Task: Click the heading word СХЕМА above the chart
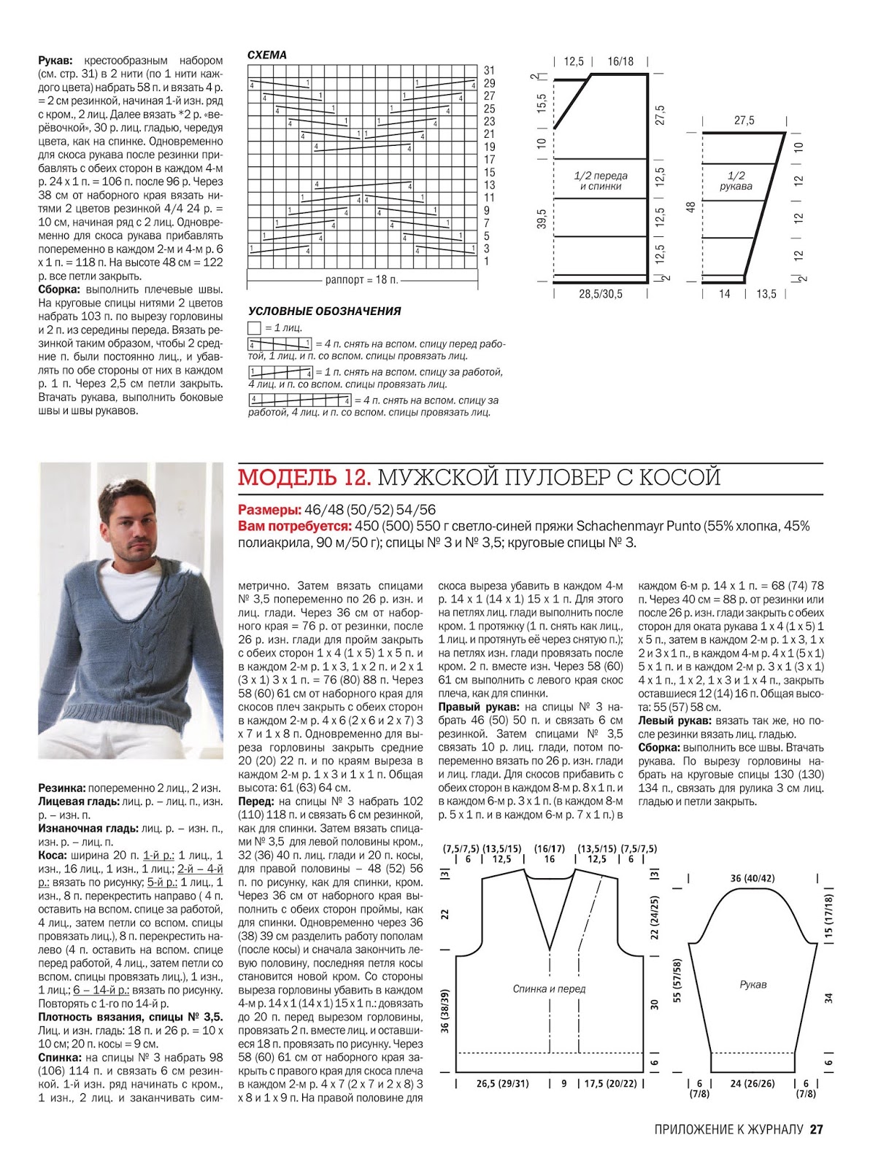click(x=267, y=55)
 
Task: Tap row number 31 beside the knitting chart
click(x=489, y=70)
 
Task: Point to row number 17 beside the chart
click(x=489, y=160)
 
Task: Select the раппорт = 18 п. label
click(x=361, y=280)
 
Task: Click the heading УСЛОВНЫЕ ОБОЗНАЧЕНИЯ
click(x=324, y=311)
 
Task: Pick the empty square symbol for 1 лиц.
click(x=254, y=328)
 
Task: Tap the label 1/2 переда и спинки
click(x=600, y=181)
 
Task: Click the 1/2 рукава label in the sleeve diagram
click(x=736, y=181)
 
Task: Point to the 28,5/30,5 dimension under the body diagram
click(x=601, y=294)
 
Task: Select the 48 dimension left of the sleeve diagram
click(x=690, y=207)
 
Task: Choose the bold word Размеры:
click(x=269, y=510)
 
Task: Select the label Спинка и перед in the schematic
click(x=549, y=989)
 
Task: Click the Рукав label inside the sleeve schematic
click(x=752, y=985)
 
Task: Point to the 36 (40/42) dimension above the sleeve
click(x=752, y=878)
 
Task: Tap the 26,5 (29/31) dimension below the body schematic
click(x=502, y=1084)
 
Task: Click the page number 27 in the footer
click(x=816, y=1130)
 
